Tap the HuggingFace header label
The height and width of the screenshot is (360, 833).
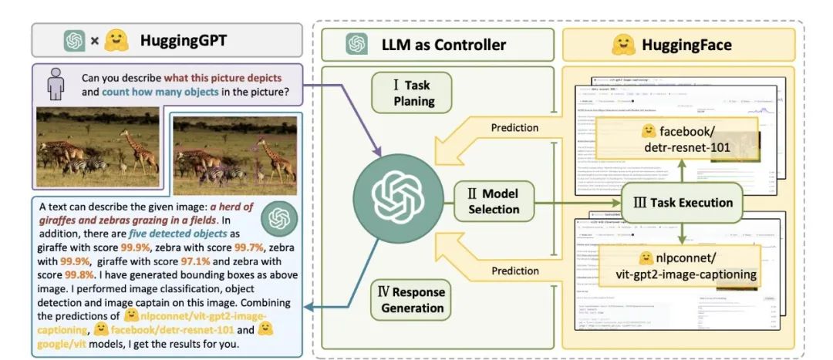[686, 44]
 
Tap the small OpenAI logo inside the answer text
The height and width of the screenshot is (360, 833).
[277, 219]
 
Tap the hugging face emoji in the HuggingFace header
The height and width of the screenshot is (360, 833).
[622, 44]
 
